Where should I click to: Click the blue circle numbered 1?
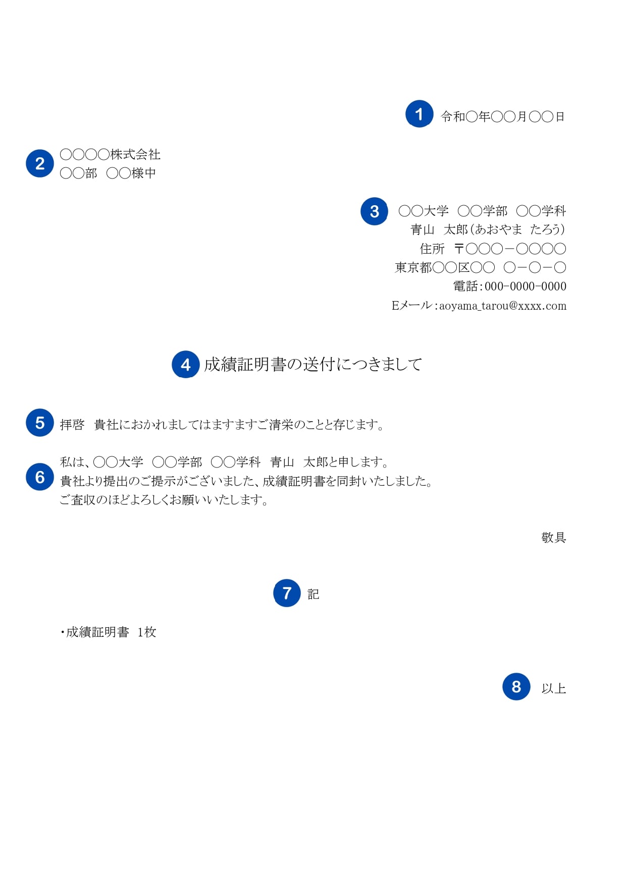tap(419, 114)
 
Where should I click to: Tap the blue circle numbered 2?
tap(40, 163)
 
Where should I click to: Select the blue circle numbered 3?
tap(374, 211)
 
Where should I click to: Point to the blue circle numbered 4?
tap(186, 365)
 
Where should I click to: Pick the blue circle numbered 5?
tap(40, 423)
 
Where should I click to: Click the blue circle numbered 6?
tap(40, 477)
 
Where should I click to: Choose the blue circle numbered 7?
tap(287, 593)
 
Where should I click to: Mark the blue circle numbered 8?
tap(516, 686)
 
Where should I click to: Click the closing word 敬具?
tap(554, 538)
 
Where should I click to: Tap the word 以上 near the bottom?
tap(554, 688)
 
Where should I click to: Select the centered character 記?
tap(313, 594)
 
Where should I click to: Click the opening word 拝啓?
tap(72, 425)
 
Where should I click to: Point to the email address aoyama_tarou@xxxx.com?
tap(503, 306)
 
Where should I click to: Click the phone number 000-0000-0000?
tap(526, 286)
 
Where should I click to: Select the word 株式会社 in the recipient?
tap(135, 154)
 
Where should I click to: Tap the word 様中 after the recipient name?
tap(144, 173)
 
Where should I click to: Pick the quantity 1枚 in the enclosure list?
tap(147, 632)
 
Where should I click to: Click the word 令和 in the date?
tap(453, 116)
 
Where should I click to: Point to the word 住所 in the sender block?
tap(432, 249)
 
